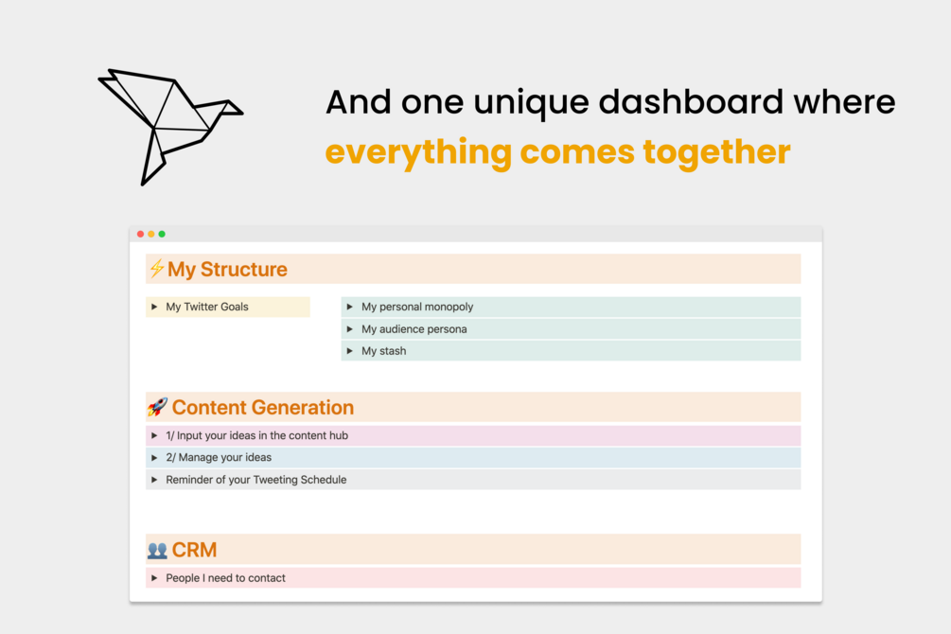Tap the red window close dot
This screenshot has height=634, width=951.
pyautogui.click(x=141, y=234)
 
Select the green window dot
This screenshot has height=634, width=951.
pyautogui.click(x=162, y=234)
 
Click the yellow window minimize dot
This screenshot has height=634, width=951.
pyautogui.click(x=151, y=234)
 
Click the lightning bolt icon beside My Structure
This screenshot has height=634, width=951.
pyautogui.click(x=156, y=268)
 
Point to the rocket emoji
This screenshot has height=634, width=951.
pyautogui.click(x=157, y=407)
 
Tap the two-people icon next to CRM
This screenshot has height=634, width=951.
pyautogui.click(x=157, y=551)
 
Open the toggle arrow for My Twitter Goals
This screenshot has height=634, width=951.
pyautogui.click(x=154, y=307)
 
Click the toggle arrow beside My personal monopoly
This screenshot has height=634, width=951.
pyautogui.click(x=350, y=307)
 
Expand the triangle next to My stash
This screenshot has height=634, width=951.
pyautogui.click(x=350, y=351)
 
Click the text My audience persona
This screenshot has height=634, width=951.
pyautogui.click(x=414, y=329)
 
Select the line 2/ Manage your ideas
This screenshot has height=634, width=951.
pyautogui.click(x=219, y=457)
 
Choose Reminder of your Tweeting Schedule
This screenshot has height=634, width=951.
pyautogui.click(x=255, y=480)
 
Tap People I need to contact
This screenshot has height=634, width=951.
pyautogui.click(x=225, y=578)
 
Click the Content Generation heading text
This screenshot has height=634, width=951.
pyautogui.click(x=263, y=407)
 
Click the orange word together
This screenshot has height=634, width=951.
pyautogui.click(x=716, y=152)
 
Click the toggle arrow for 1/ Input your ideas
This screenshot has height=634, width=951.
pyautogui.click(x=154, y=435)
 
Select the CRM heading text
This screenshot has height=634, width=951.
pyautogui.click(x=194, y=550)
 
